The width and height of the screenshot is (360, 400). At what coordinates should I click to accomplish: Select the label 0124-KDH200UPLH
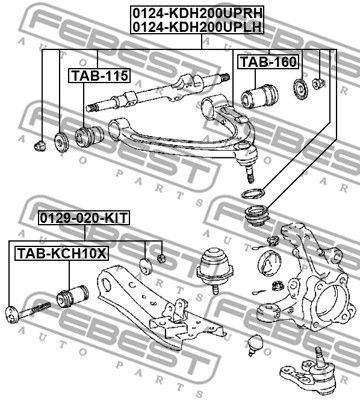(x=197, y=27)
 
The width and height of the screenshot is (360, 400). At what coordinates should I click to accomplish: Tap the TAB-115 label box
(x=100, y=76)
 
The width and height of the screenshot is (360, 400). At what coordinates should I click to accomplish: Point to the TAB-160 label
(x=268, y=62)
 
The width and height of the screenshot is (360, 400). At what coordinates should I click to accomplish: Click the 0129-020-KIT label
(x=84, y=218)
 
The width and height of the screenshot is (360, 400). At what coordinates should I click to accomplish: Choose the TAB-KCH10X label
(x=61, y=254)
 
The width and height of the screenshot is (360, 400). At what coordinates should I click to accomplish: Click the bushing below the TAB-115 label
(x=89, y=136)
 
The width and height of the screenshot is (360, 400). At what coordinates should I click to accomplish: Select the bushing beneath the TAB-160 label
(x=259, y=97)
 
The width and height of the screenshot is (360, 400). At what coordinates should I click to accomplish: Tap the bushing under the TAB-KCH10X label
(x=73, y=294)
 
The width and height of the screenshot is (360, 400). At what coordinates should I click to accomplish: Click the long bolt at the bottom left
(x=28, y=312)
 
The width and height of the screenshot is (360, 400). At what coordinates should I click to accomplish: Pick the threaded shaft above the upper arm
(x=157, y=93)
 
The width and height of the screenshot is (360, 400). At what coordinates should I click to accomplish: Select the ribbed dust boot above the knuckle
(x=257, y=216)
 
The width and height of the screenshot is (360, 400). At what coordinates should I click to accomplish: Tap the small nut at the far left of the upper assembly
(x=40, y=145)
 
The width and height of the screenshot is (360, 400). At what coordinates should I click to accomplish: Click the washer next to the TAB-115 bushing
(x=61, y=141)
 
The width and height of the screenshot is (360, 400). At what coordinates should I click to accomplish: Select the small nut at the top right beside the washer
(x=318, y=83)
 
